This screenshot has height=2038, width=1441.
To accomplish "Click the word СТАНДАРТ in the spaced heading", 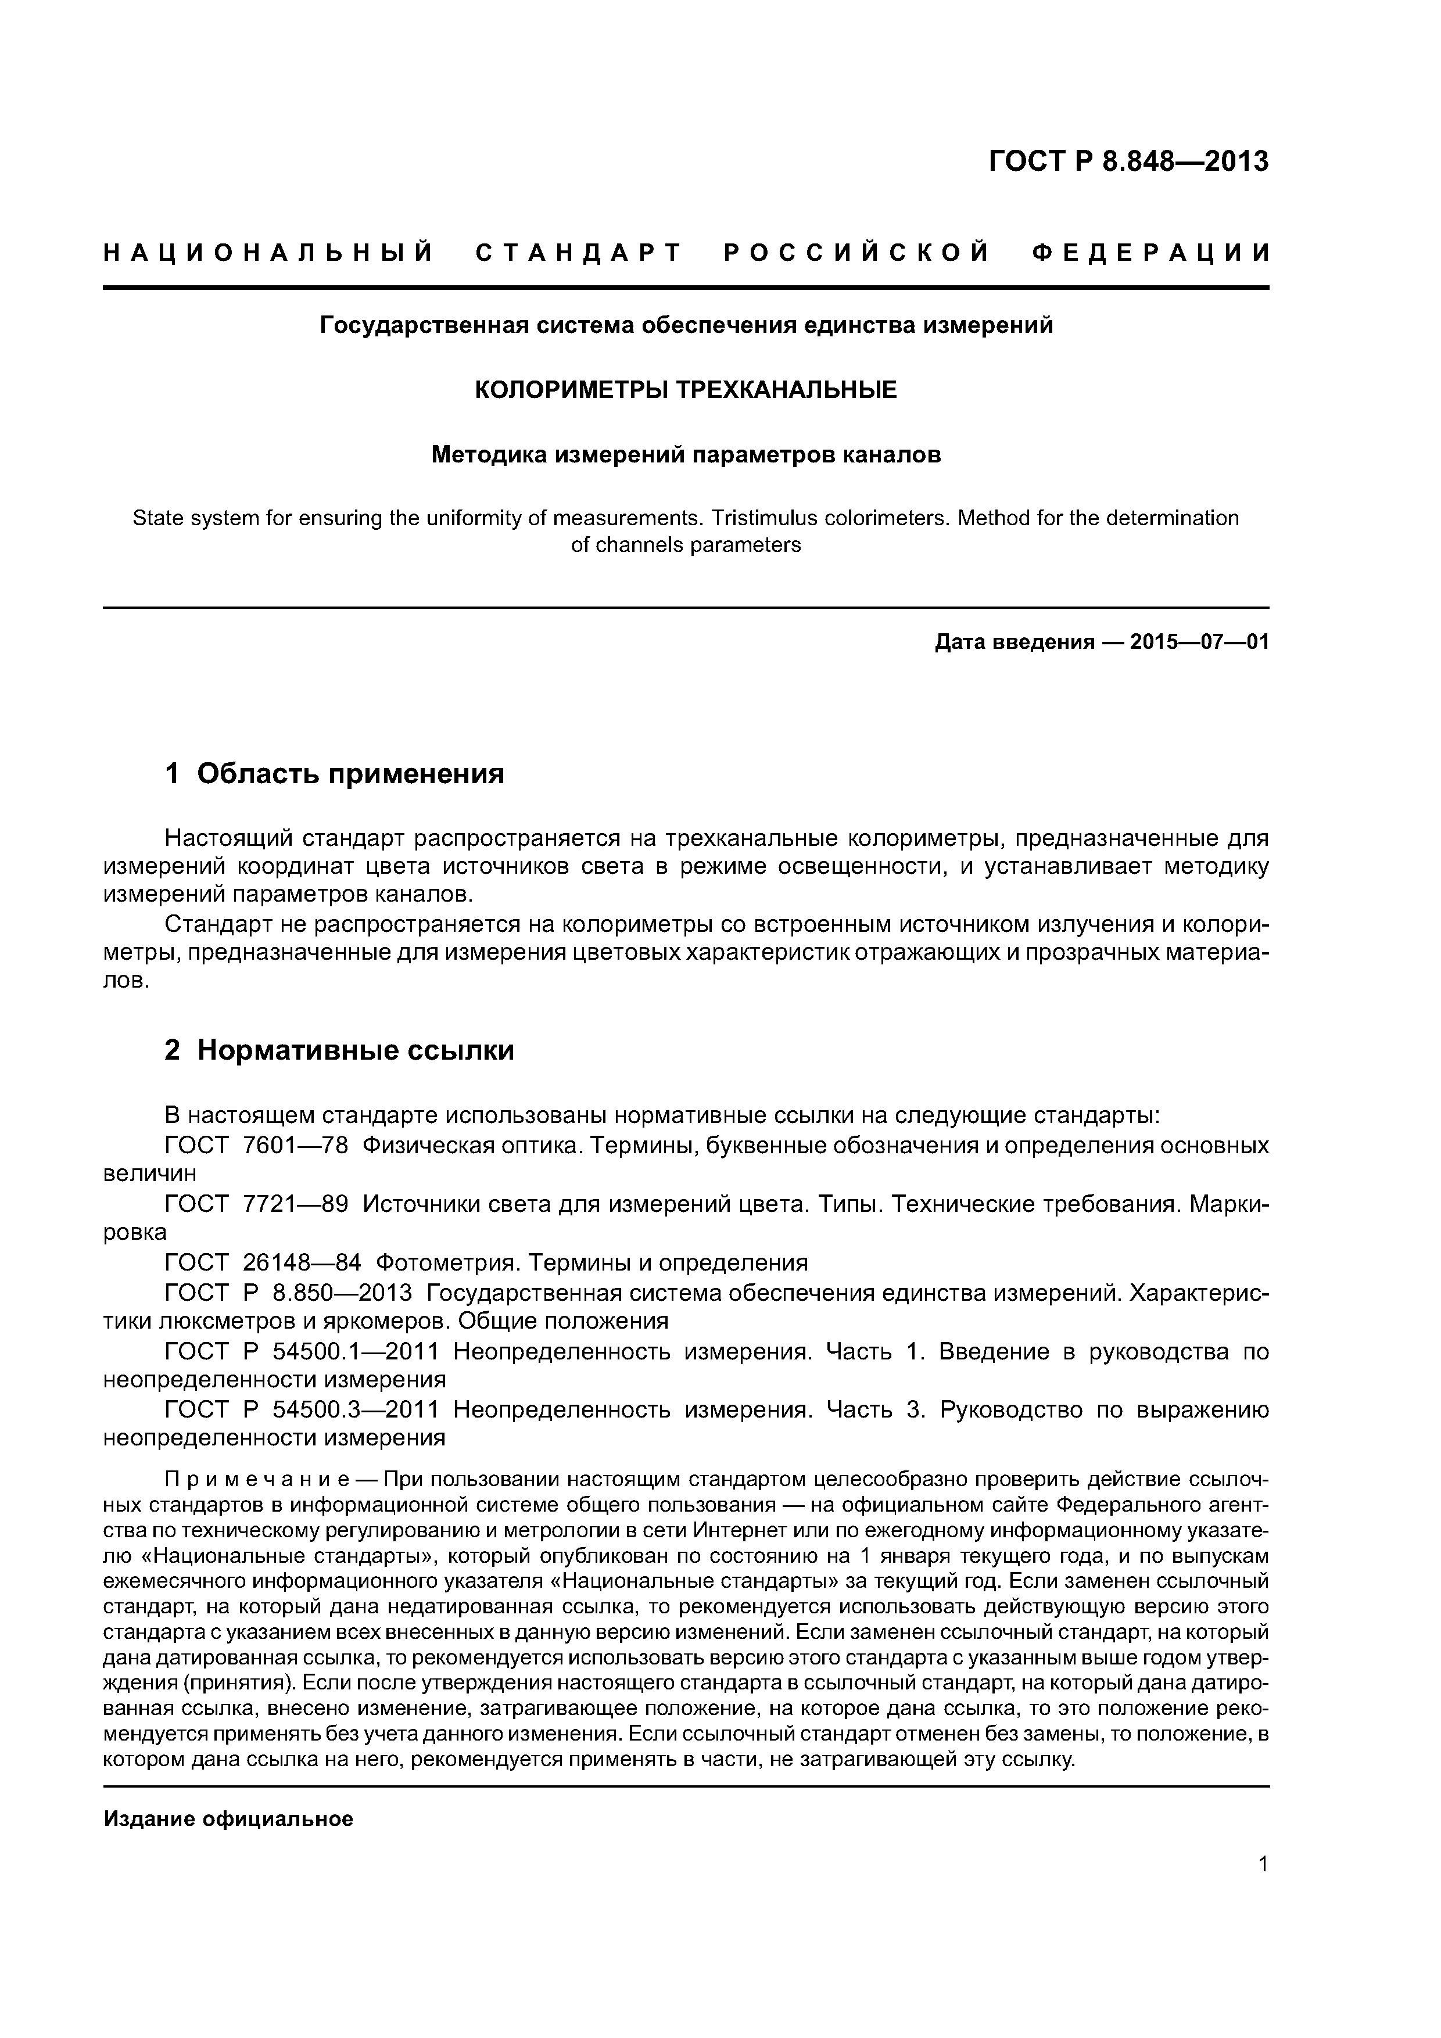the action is coord(579,254).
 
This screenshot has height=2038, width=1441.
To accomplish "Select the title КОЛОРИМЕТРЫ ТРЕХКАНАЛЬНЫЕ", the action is coord(686,390).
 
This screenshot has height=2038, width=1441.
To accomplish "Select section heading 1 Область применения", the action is coord(335,774).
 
